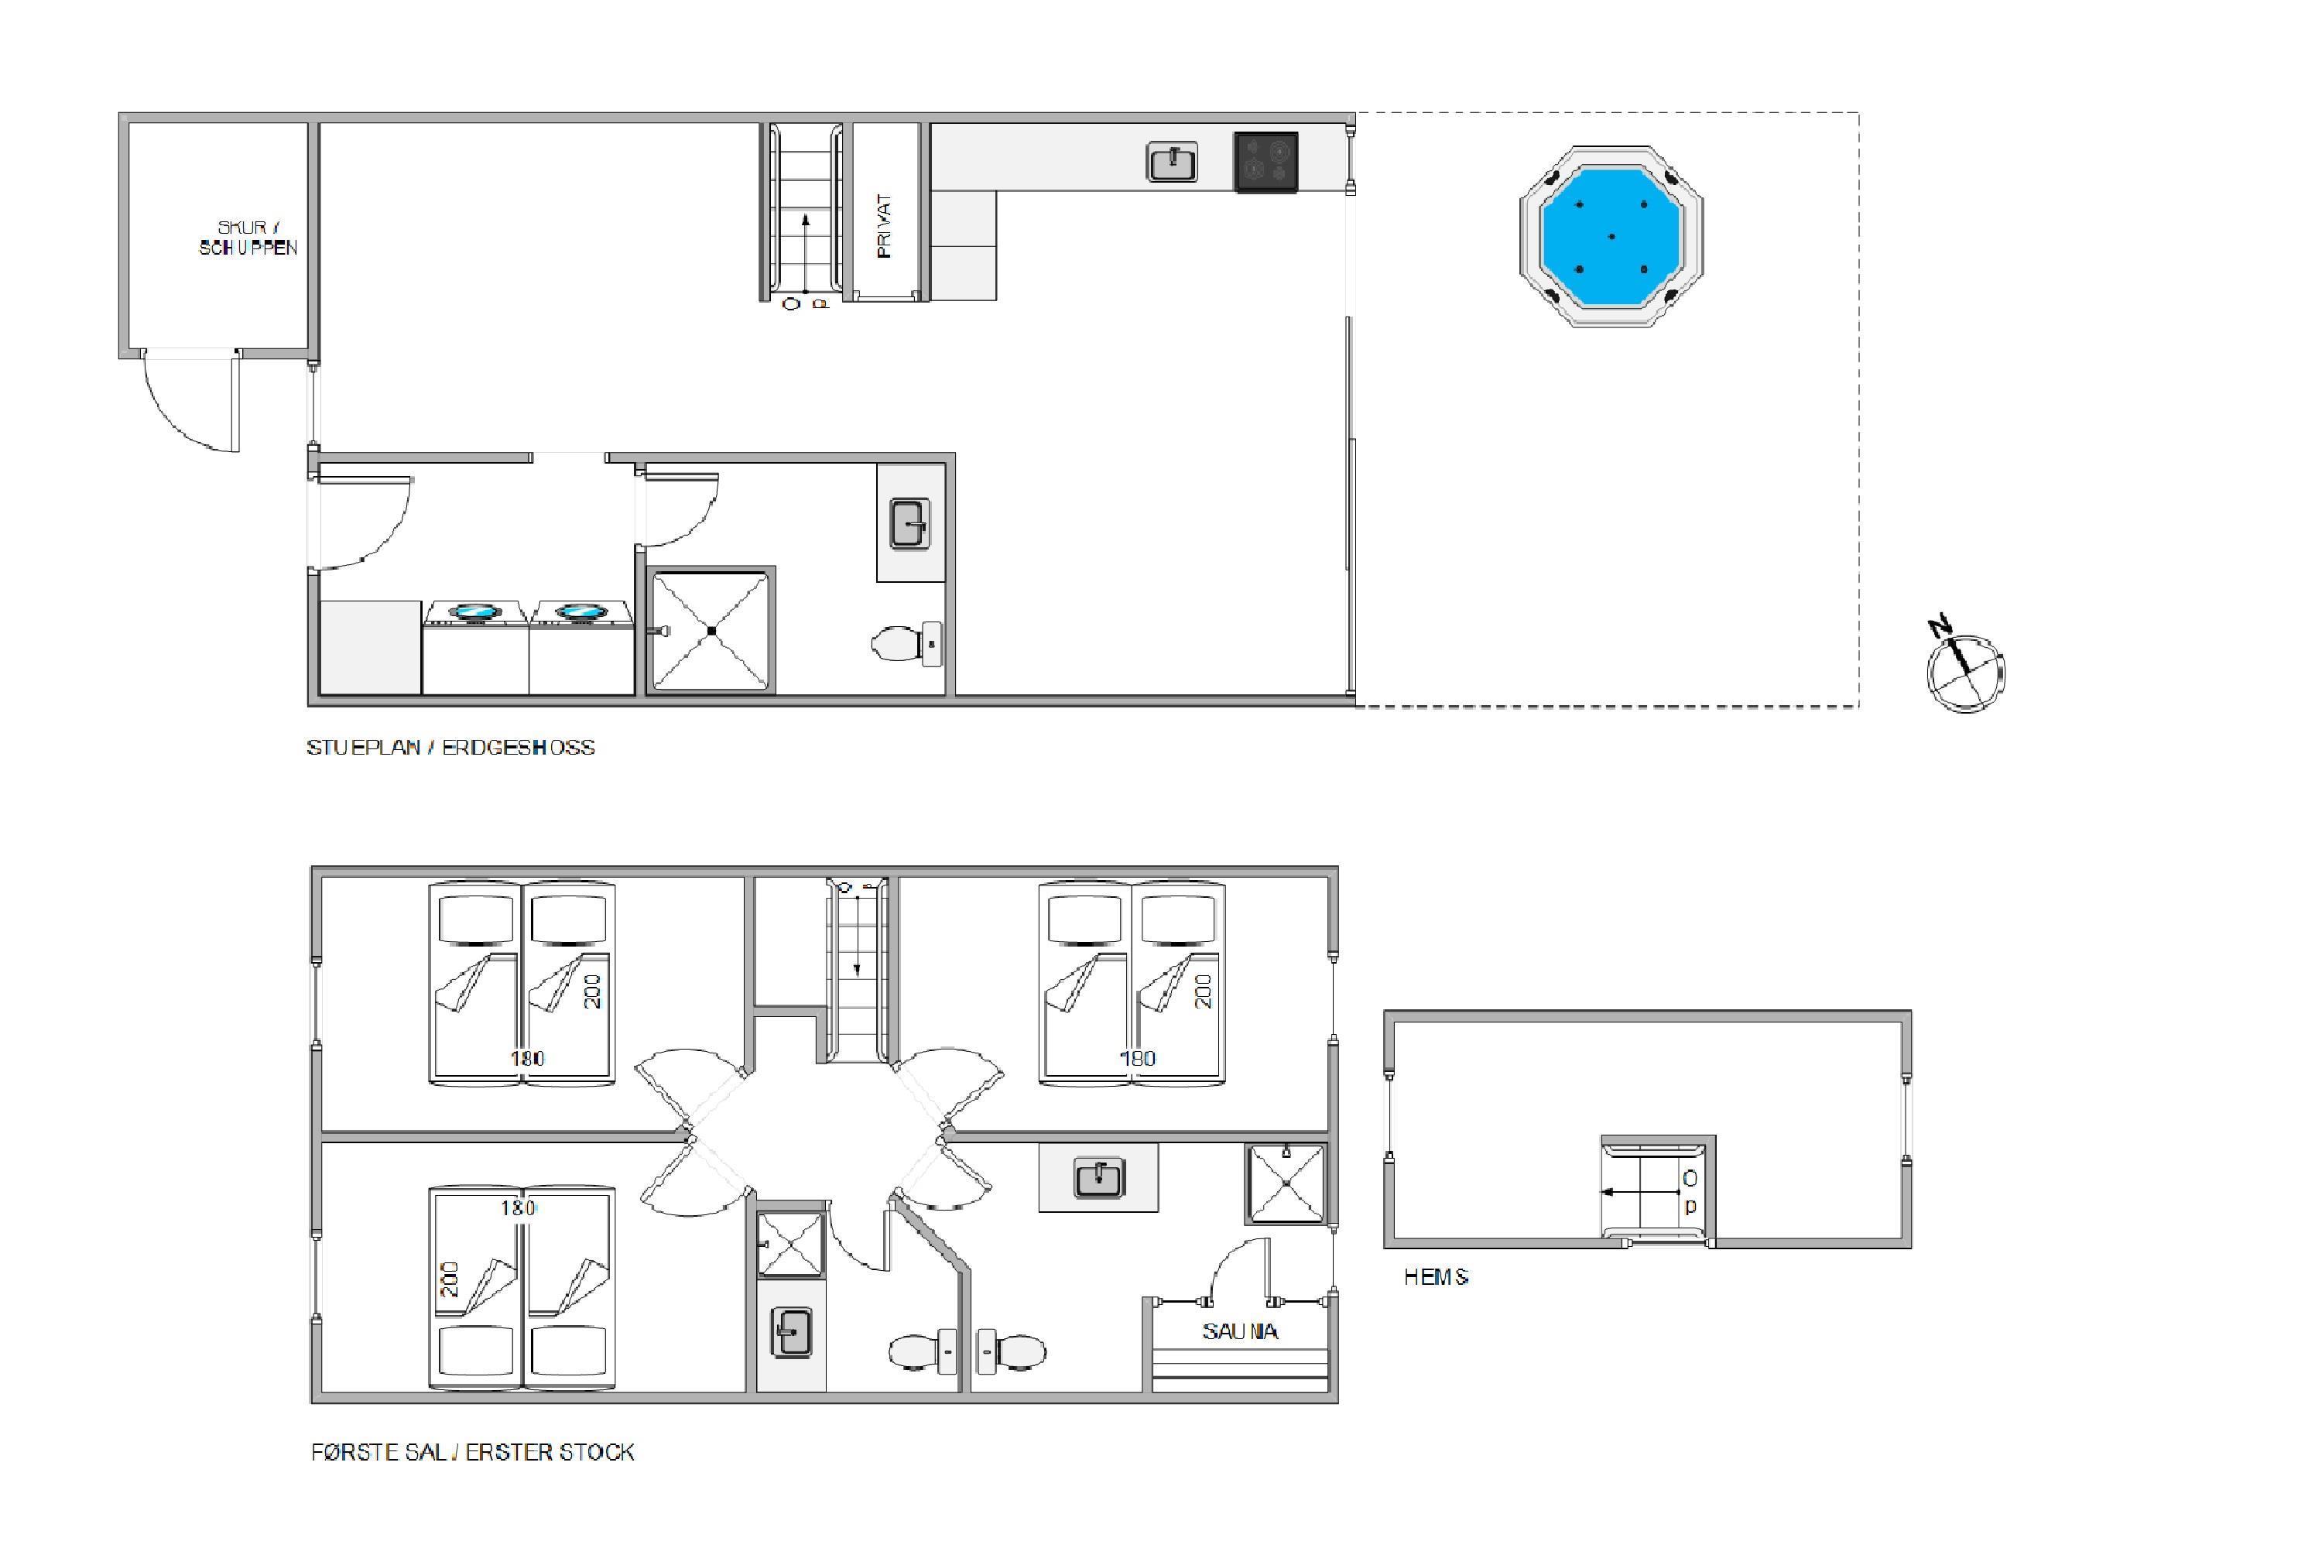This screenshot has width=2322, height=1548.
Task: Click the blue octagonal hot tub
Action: (1611, 237)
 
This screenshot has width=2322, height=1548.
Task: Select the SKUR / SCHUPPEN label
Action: (248, 238)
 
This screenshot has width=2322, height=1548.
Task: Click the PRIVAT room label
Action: (884, 226)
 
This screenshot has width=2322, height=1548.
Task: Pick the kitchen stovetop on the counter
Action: (1265, 161)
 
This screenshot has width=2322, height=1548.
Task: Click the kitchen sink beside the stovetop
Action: (1172, 161)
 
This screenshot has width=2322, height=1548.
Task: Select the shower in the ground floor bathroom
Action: (711, 631)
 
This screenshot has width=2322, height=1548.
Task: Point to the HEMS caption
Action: (1437, 1278)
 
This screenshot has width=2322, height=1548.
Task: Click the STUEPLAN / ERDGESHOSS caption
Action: (451, 748)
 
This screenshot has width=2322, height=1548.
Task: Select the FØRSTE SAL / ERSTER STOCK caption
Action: (473, 1452)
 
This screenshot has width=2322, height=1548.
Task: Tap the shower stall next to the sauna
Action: (1286, 1183)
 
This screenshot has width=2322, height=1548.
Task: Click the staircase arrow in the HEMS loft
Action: (1640, 1192)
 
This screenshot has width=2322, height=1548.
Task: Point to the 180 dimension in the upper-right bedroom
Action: (1137, 1058)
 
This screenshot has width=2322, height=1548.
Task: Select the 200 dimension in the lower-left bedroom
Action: (450, 1280)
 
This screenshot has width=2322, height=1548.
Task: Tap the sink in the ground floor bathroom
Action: (910, 523)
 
